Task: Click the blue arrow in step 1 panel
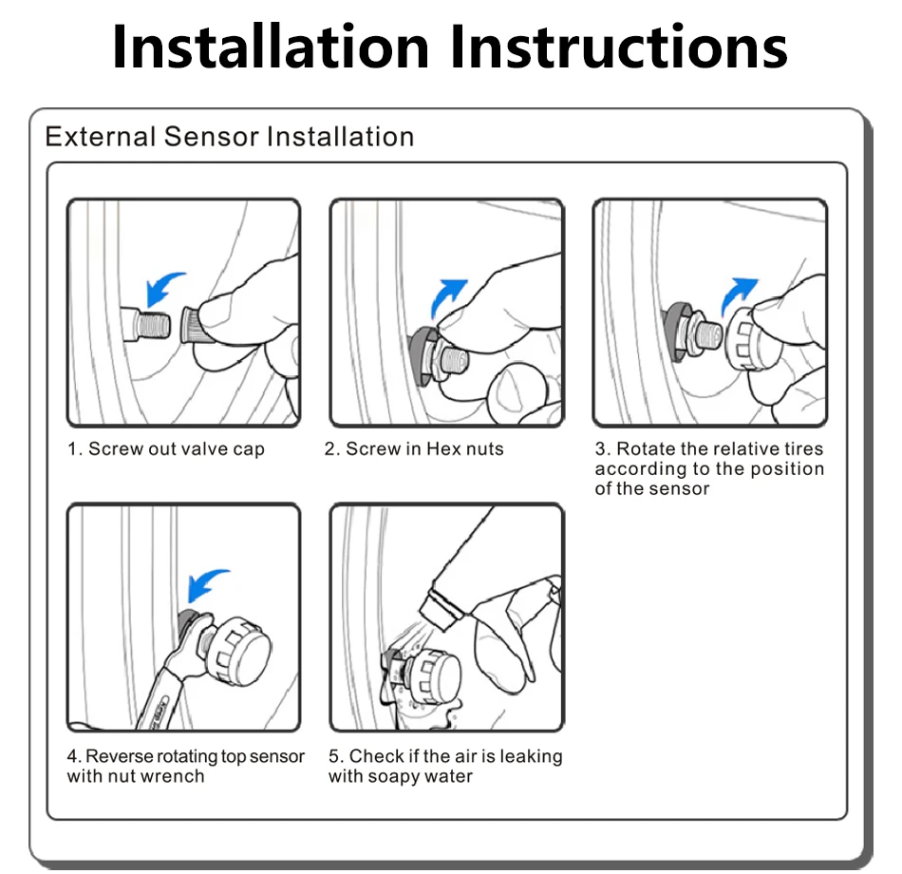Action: tap(161, 288)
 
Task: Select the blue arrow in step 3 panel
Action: tap(737, 294)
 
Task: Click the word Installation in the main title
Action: tap(271, 47)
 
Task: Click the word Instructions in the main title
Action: tap(619, 47)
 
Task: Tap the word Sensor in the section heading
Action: tap(211, 137)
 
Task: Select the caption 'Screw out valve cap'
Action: tap(176, 449)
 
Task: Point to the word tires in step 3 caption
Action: tap(803, 448)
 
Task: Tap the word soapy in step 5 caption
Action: tap(394, 777)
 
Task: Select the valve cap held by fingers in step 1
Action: tap(195, 326)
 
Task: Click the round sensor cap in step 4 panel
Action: tap(238, 651)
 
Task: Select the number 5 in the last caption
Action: tap(333, 756)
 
